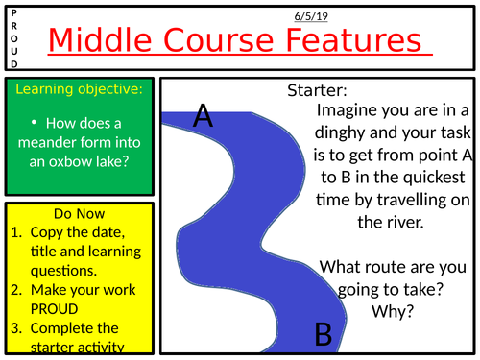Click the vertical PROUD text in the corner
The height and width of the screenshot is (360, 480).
(x=13, y=36)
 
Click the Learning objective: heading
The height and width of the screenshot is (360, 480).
(x=79, y=88)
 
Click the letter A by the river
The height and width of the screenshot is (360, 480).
(x=203, y=116)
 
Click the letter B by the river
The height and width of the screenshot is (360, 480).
(x=324, y=333)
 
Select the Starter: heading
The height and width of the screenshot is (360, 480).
(x=316, y=91)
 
